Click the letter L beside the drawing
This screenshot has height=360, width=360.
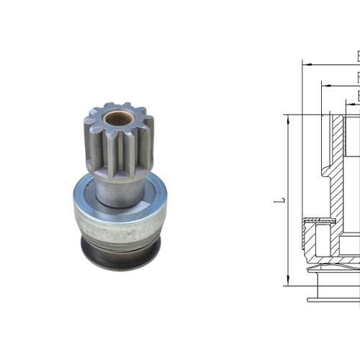pos(278,199)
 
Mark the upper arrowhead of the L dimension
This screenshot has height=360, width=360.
pos(287,117)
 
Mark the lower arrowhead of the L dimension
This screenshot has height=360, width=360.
pos(287,282)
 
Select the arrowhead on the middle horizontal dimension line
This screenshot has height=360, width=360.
pos(323,85)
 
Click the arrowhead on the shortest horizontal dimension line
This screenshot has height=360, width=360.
pos(348,105)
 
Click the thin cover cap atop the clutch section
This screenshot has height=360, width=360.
pos(317,219)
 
